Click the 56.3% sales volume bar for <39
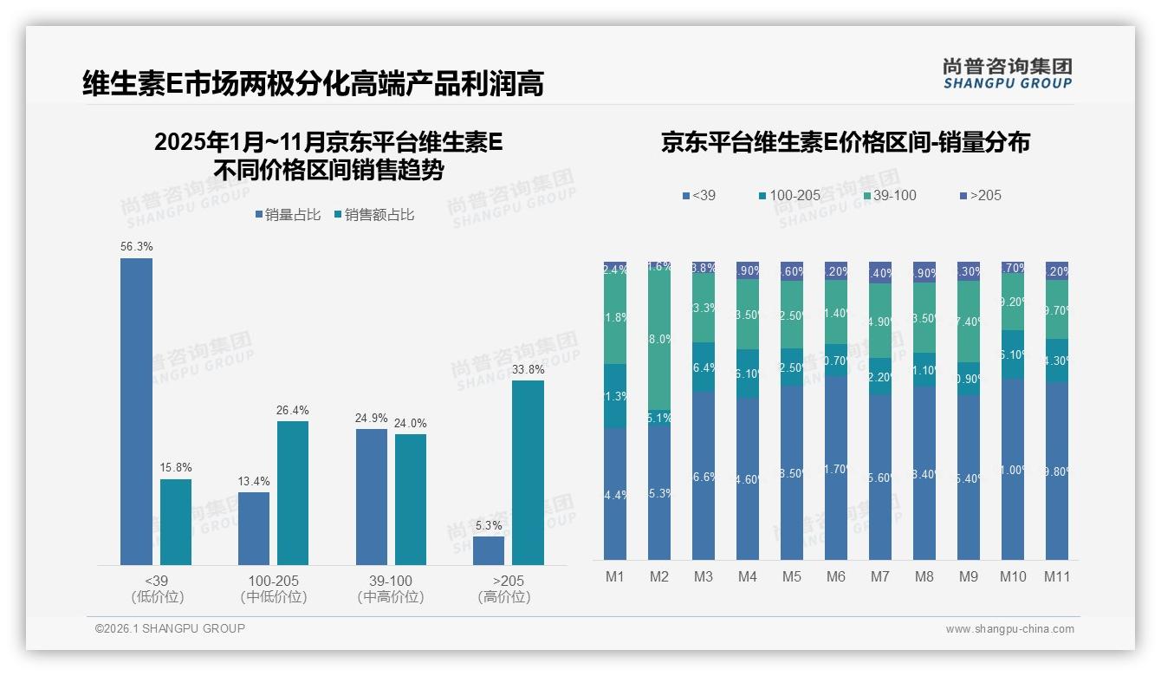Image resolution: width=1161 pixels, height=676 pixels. (136, 412)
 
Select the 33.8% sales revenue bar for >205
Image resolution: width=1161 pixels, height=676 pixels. (528, 472)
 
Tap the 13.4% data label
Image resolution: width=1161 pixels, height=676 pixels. (254, 481)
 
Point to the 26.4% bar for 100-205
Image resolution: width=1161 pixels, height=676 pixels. (293, 493)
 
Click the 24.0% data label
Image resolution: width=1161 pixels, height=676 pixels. (411, 423)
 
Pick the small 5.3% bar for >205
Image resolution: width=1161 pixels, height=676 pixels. (489, 550)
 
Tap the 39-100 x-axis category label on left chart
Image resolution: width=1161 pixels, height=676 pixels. (391, 581)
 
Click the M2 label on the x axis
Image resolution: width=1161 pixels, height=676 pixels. (659, 576)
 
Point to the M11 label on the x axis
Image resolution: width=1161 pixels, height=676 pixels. (1056, 576)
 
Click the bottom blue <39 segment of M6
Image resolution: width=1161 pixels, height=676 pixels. (836, 468)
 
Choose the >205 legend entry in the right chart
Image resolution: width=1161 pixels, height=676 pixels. (979, 195)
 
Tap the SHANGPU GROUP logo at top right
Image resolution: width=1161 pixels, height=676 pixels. (1007, 74)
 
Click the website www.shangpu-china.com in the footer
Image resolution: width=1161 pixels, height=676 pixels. (1009, 629)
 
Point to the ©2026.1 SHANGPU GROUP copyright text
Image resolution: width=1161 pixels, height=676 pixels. (170, 628)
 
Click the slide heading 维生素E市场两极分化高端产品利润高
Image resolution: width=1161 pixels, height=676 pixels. (313, 84)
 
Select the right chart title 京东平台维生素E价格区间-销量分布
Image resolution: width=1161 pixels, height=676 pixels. (845, 142)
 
